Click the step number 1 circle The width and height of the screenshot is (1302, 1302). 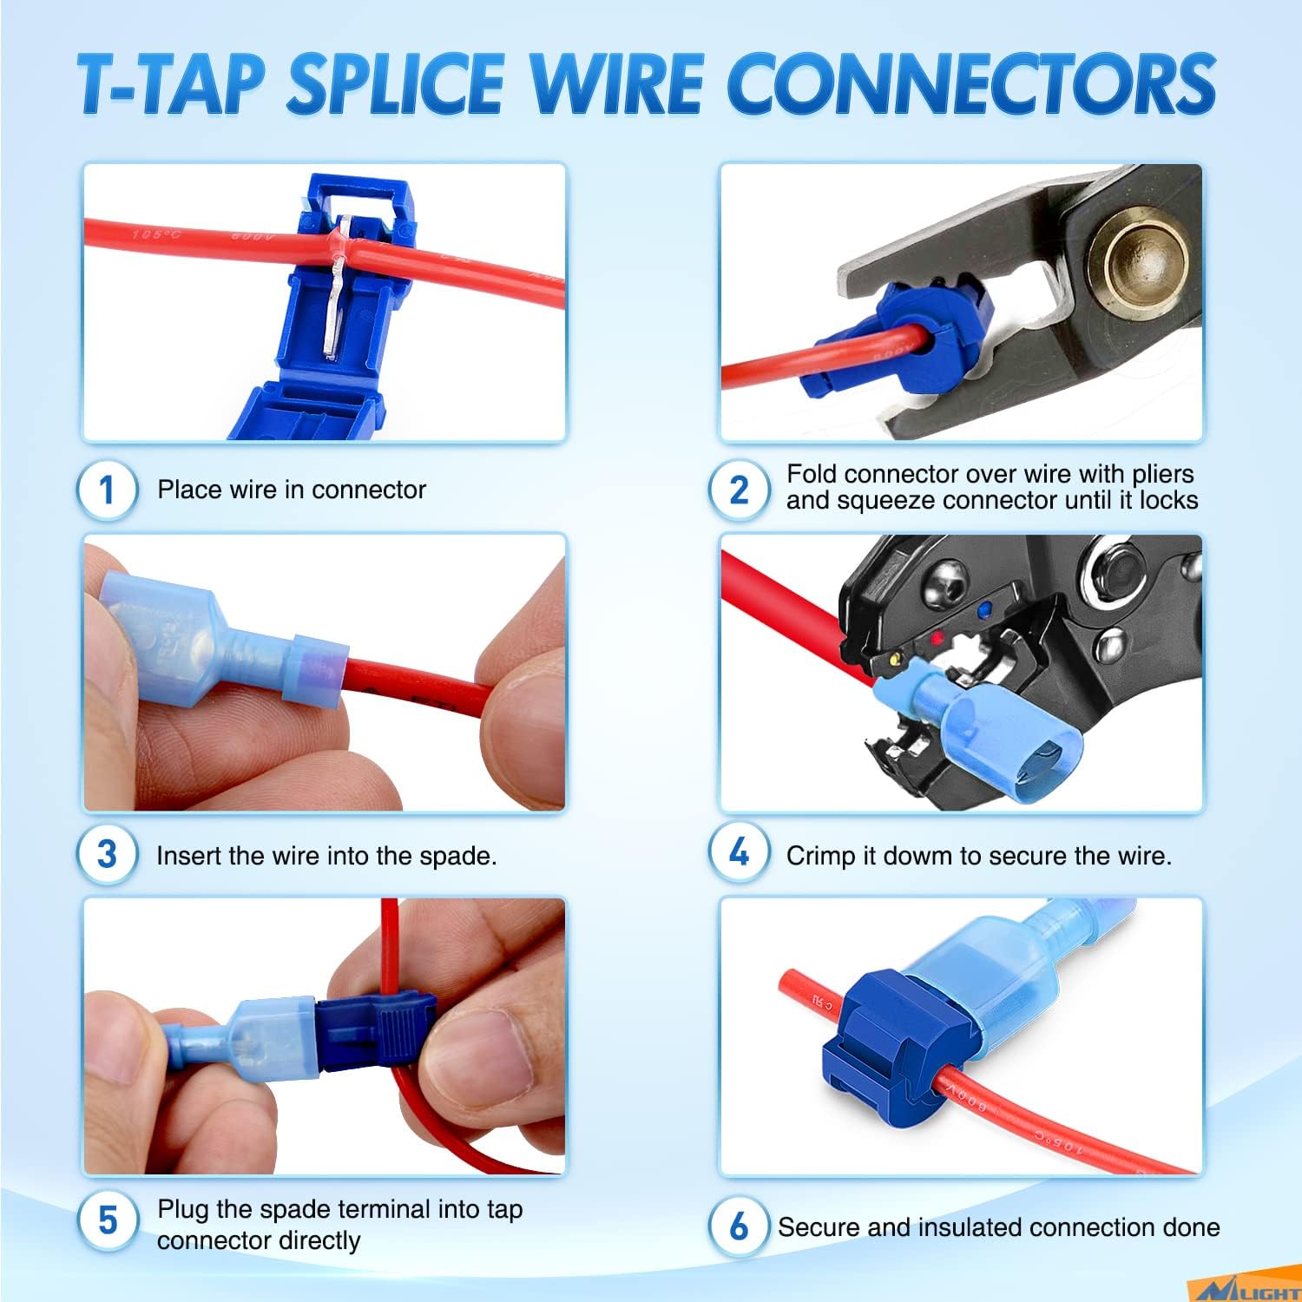(108, 490)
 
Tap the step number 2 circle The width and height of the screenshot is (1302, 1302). (740, 490)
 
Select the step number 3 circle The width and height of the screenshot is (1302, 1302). (108, 854)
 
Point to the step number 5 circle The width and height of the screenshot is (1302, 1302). (108, 1220)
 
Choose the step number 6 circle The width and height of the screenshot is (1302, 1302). (740, 1226)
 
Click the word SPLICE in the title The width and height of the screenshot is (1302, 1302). (395, 83)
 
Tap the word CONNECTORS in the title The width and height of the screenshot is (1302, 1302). (973, 83)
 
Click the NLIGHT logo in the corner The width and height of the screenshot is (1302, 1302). (1247, 1289)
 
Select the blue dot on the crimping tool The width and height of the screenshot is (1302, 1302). (983, 612)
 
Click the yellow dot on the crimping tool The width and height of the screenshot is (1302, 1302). (894, 661)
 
